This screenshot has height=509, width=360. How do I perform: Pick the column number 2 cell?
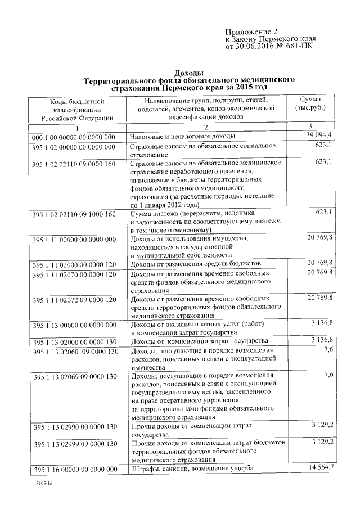(206, 128)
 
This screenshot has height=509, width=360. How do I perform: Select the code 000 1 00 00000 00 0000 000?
(74, 137)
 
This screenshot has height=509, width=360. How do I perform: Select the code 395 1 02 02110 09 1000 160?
(74, 214)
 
